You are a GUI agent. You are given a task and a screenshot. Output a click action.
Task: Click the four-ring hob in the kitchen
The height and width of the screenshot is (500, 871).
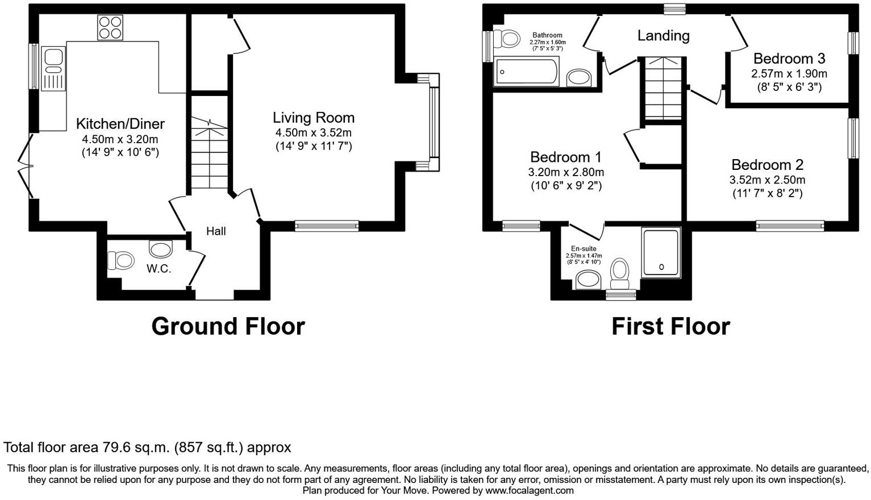click(x=110, y=27)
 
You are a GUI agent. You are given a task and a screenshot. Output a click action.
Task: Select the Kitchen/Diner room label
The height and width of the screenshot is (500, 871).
click(x=120, y=124)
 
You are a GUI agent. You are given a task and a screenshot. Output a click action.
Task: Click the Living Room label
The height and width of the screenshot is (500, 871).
click(x=313, y=118)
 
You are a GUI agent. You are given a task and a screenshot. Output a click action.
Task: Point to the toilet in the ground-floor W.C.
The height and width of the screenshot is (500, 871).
click(x=120, y=260)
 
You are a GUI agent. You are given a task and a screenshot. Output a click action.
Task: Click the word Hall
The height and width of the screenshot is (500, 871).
click(x=216, y=231)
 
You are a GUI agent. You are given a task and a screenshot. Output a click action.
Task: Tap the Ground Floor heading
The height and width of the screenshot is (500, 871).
click(x=228, y=326)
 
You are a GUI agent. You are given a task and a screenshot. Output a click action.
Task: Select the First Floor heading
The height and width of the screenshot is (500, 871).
click(x=670, y=326)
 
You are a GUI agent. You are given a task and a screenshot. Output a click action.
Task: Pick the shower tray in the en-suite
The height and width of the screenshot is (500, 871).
click(x=661, y=253)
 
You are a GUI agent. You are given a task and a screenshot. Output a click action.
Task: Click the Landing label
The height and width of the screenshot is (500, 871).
click(x=663, y=36)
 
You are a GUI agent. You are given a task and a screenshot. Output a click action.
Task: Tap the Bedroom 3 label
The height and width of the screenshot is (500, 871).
click(x=789, y=59)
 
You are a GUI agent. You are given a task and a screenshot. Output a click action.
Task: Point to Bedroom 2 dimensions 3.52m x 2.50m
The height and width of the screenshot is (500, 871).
click(x=767, y=180)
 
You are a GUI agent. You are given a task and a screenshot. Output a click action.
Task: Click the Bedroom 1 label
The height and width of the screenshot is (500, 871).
click(x=565, y=157)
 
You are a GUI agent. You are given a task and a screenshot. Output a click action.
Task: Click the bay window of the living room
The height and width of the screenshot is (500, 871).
click(x=434, y=122)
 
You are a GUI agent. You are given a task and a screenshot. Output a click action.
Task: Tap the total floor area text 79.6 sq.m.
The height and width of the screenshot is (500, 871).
click(x=147, y=447)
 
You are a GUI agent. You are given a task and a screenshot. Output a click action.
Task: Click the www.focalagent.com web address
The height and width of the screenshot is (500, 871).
click(x=529, y=490)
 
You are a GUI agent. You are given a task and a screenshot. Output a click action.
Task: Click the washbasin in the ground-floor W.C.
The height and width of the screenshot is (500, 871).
click(x=160, y=249)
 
